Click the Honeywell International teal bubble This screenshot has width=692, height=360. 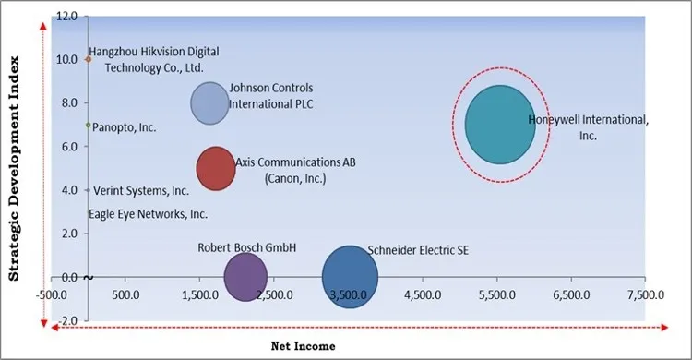coord(500,125)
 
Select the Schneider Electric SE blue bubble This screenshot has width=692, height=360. coord(350,276)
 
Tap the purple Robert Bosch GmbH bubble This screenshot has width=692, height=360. coord(245,276)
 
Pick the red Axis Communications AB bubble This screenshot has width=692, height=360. coord(216,168)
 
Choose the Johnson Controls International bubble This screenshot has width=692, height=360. coord(210,102)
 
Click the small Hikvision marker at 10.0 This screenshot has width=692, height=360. coord(88,59)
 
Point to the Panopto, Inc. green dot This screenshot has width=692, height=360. coord(88,125)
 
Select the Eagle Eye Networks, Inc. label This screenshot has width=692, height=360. coord(148,214)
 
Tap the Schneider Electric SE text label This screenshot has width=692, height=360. coord(417,249)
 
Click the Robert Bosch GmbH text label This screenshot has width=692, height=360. coord(246,247)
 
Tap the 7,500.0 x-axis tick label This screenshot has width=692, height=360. coord(644,295)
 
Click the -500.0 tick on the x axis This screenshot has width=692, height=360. coord(52,295)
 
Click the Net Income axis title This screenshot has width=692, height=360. coord(303,345)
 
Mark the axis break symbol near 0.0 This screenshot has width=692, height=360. coord(88,277)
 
